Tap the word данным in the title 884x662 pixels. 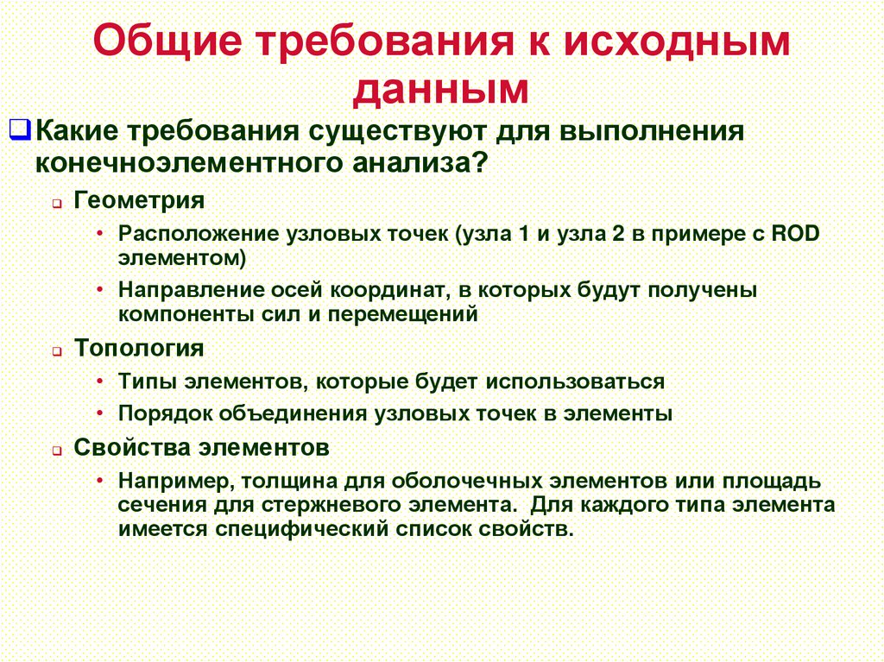(441, 90)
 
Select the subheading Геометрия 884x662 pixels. (139, 201)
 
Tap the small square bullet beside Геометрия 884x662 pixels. (55, 204)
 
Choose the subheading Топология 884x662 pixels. (139, 348)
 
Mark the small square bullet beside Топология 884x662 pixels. (55, 351)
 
